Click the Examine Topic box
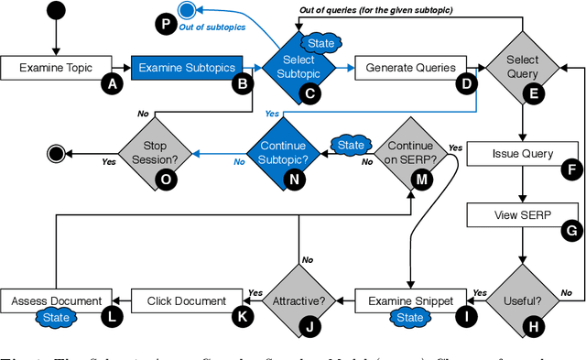tap(55, 68)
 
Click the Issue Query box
tap(523, 154)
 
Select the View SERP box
tap(523, 214)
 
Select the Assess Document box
tap(56, 300)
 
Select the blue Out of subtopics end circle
tap(188, 11)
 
